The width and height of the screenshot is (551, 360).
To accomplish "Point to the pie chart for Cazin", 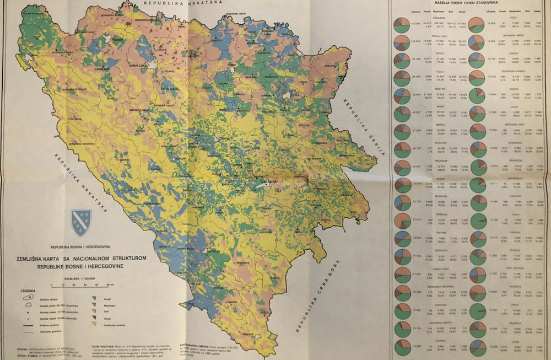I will (x=477, y=220).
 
